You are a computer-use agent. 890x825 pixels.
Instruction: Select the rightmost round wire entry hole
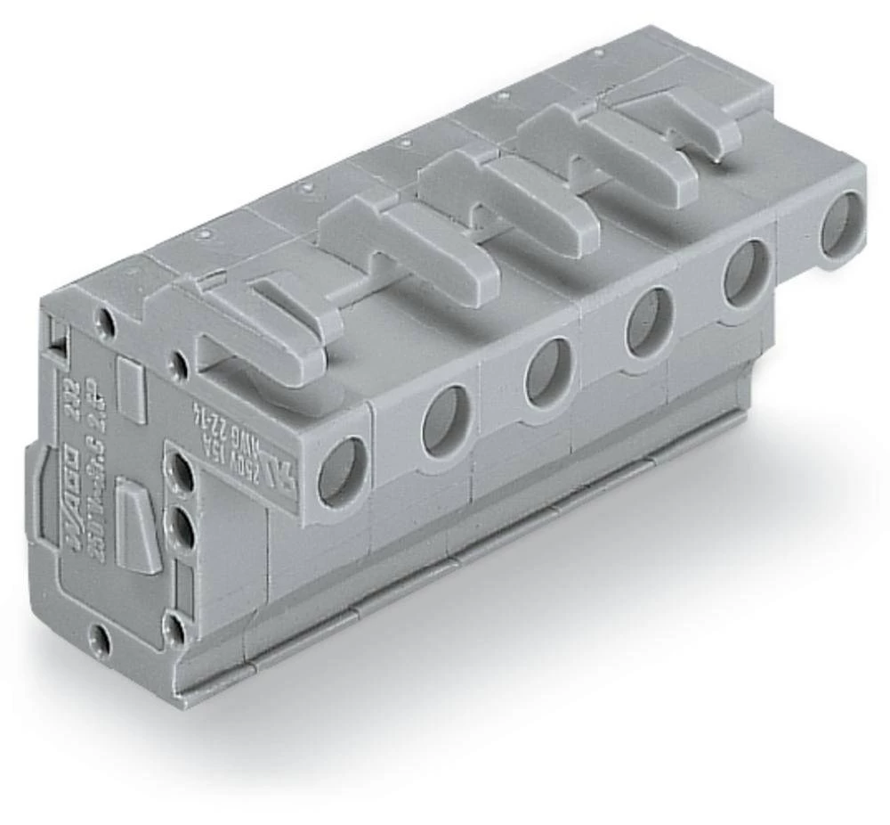[841, 225]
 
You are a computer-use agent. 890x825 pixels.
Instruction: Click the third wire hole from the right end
[647, 321]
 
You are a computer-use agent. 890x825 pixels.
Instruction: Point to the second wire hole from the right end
[746, 273]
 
